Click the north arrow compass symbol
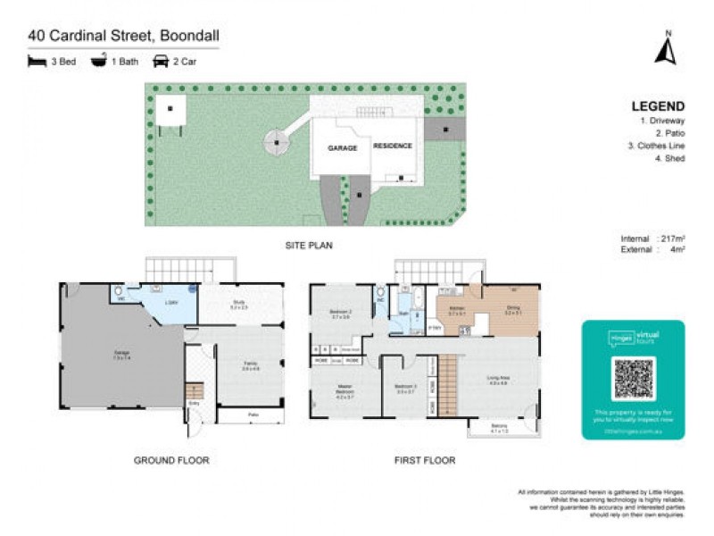[x=665, y=49]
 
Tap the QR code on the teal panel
[x=633, y=379]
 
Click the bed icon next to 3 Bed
[x=37, y=62]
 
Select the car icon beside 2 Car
[x=162, y=62]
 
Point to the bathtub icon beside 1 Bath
[x=98, y=62]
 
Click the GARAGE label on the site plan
[x=342, y=148]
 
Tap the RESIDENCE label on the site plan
[x=393, y=146]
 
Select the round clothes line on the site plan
[x=277, y=140]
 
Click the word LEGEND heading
[x=658, y=106]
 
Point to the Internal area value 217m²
[x=672, y=239]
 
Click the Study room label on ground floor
[x=239, y=305]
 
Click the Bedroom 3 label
[x=406, y=388]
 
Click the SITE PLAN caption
[x=309, y=245]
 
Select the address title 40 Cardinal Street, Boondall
[x=123, y=36]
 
